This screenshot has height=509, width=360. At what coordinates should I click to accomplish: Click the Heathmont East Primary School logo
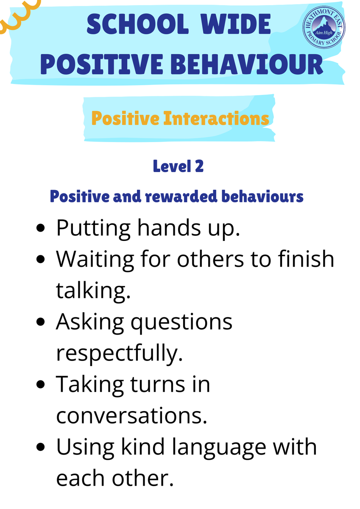324,27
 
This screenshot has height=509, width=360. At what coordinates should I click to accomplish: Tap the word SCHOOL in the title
138,24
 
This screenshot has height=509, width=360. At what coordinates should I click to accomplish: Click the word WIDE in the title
235,24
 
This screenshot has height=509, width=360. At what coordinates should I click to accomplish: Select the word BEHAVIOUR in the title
247,64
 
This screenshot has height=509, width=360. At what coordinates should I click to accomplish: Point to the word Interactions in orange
216,118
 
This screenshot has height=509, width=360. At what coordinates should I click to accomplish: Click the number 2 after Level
199,166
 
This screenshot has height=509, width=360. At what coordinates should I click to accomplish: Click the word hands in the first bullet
169,227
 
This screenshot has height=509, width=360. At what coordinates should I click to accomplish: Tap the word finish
306,259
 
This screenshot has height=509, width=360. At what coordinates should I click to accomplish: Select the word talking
93,291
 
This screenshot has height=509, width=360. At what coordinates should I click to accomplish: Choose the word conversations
131,416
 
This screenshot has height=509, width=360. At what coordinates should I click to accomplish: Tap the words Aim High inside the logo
324,33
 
